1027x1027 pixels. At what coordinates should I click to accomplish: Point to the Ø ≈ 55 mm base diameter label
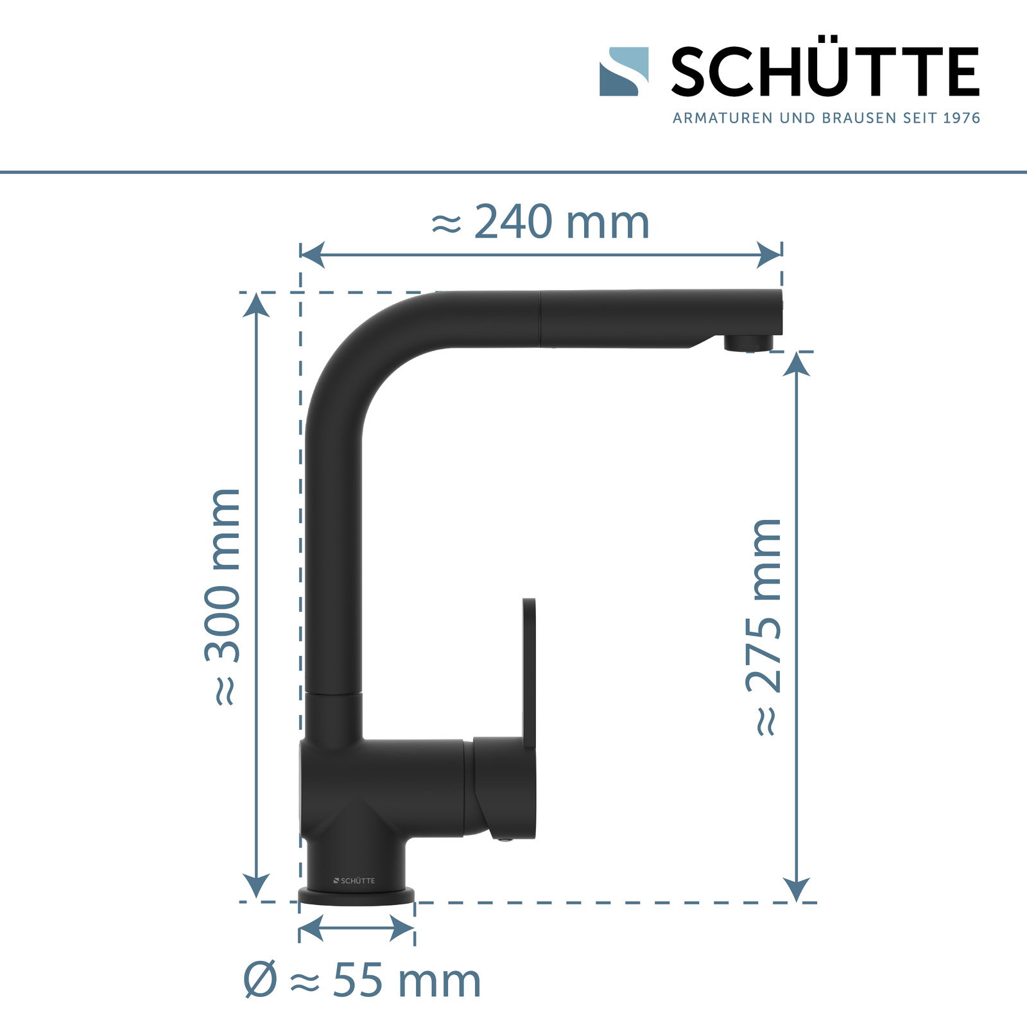click(362, 980)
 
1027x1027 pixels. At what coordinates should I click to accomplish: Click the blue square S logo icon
click(623, 71)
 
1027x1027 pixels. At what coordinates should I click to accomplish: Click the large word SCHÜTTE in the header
click(825, 72)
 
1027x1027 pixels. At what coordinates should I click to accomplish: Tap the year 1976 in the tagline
click(962, 118)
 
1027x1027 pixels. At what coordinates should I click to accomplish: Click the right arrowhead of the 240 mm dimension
click(769, 255)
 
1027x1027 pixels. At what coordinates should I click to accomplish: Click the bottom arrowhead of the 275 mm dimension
click(797, 889)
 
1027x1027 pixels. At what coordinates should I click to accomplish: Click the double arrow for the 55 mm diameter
click(356, 928)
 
